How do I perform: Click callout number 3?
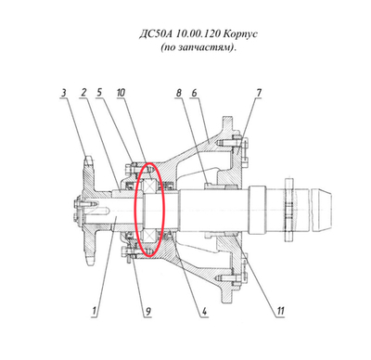click(64, 93)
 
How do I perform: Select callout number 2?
click(83, 93)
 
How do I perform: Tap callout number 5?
click(99, 93)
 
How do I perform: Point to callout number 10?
click(121, 93)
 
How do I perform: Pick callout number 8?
click(179, 93)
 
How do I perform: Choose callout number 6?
click(194, 93)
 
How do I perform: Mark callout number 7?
click(259, 93)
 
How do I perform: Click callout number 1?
click(95, 311)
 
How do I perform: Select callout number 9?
click(148, 311)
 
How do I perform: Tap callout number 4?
click(204, 311)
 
